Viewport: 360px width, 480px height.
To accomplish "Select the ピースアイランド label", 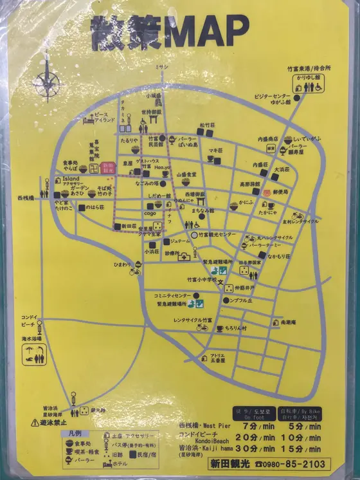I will [104, 117].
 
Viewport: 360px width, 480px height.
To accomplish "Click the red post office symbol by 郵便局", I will [264, 191].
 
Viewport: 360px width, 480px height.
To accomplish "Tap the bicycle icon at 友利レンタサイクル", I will [296, 216].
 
